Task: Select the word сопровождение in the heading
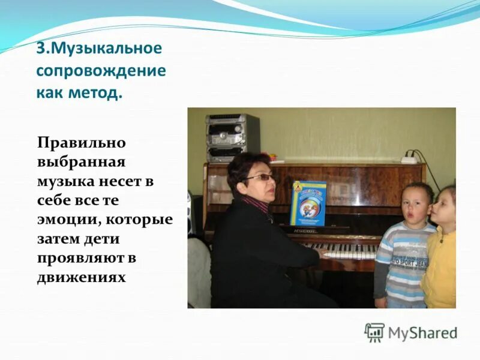coord(100,71)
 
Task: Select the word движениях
coord(81,278)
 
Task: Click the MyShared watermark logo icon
coord(374,332)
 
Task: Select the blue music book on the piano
coord(308,203)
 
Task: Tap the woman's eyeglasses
coord(261,178)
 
